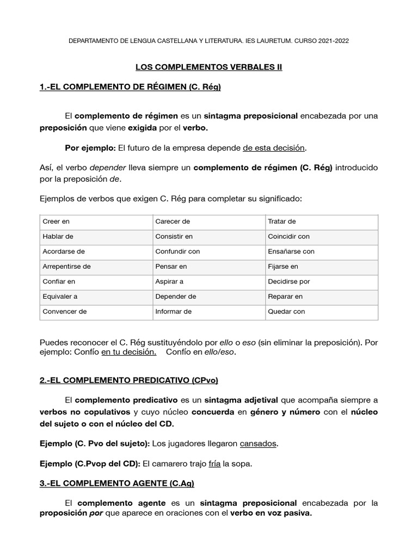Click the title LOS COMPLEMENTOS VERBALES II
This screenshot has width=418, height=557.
(209, 67)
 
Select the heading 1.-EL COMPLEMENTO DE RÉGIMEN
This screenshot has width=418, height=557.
(130, 86)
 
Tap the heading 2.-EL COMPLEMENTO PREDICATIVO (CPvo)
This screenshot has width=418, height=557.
(128, 379)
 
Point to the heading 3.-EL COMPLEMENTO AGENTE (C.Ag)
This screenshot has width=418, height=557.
(117, 482)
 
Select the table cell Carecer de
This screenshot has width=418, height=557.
(173, 222)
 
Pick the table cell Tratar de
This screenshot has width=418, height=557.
(282, 222)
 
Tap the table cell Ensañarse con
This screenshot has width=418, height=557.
(291, 252)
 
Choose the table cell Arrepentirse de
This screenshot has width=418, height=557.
(66, 267)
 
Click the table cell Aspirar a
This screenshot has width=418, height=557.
(169, 282)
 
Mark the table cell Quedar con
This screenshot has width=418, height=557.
(286, 312)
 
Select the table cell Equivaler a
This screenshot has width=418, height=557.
(60, 296)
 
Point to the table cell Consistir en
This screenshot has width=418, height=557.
(174, 237)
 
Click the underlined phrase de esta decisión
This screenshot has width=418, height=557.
(274, 147)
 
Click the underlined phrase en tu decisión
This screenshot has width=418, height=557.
(129, 352)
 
